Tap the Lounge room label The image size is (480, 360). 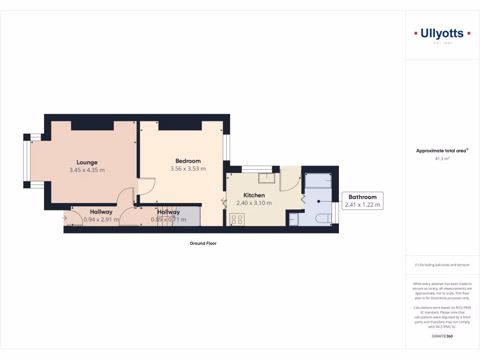(87, 163)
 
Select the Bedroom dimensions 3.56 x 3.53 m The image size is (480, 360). (188, 169)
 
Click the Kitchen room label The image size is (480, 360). (254, 195)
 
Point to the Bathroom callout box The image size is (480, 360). (362, 201)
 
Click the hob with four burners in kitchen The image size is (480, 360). (237, 219)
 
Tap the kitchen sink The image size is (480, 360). (266, 178)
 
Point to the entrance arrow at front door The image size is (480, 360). (64, 218)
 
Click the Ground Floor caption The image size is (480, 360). (203, 243)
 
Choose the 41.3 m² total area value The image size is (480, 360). (442, 159)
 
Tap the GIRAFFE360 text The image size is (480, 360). (442, 336)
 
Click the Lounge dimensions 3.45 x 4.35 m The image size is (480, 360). (87, 170)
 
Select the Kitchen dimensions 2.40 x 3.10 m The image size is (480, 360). (254, 203)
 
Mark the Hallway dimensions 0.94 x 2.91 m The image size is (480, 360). (101, 219)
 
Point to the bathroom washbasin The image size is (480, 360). (293, 219)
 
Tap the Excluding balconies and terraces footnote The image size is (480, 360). (442, 265)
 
